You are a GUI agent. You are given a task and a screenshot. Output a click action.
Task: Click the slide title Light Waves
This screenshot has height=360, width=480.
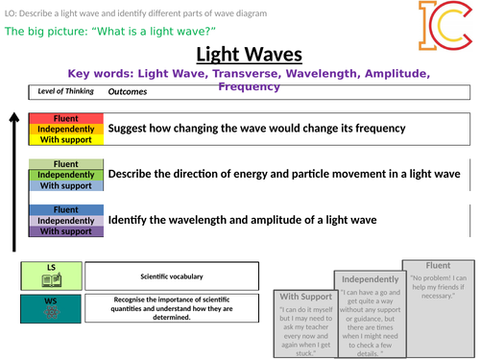pos(244,54)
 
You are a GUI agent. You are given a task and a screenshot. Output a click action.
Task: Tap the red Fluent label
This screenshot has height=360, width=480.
pos(64,118)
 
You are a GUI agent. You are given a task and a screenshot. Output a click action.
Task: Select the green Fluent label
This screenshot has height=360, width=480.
pos(64,164)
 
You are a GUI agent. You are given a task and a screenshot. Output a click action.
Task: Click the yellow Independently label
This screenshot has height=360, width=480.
pos(64,129)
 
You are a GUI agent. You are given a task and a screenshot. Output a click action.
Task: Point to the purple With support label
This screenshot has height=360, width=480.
pos(64,231)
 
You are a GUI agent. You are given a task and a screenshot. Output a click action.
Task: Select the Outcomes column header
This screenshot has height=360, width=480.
pos(128,92)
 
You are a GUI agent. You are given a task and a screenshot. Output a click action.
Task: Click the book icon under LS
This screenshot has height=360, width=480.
pos(51,281)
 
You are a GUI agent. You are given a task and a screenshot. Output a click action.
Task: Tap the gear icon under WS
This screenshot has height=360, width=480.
pos(51,314)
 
